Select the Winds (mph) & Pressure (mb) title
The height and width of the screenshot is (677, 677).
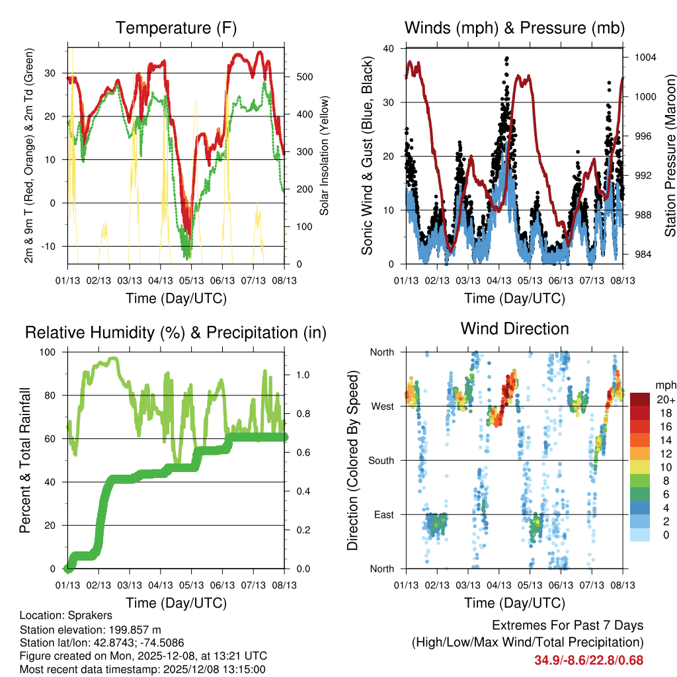pyautogui.click(x=515, y=28)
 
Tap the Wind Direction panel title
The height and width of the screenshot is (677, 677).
pyautogui.click(x=514, y=329)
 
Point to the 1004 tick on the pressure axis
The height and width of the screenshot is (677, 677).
pyautogui.click(x=644, y=58)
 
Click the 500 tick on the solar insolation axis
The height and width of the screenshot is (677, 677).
pyautogui.click(x=304, y=77)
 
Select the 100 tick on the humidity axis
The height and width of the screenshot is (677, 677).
pyautogui.click(x=51, y=352)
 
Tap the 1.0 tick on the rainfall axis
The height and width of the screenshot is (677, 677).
pyautogui.click(x=302, y=374)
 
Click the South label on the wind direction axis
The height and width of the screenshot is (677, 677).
pyautogui.click(x=381, y=460)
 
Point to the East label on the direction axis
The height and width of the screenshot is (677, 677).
pyautogui.click(x=383, y=514)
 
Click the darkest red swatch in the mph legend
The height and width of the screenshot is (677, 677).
pyautogui.click(x=640, y=399)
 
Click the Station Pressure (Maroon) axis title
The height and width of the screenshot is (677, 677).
pyautogui.click(x=670, y=155)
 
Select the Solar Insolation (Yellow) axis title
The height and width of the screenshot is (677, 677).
pyautogui.click(x=325, y=155)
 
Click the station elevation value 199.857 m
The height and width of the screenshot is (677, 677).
pyautogui.click(x=134, y=629)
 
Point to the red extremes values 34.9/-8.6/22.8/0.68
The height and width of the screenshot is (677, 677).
pyautogui.click(x=588, y=660)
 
